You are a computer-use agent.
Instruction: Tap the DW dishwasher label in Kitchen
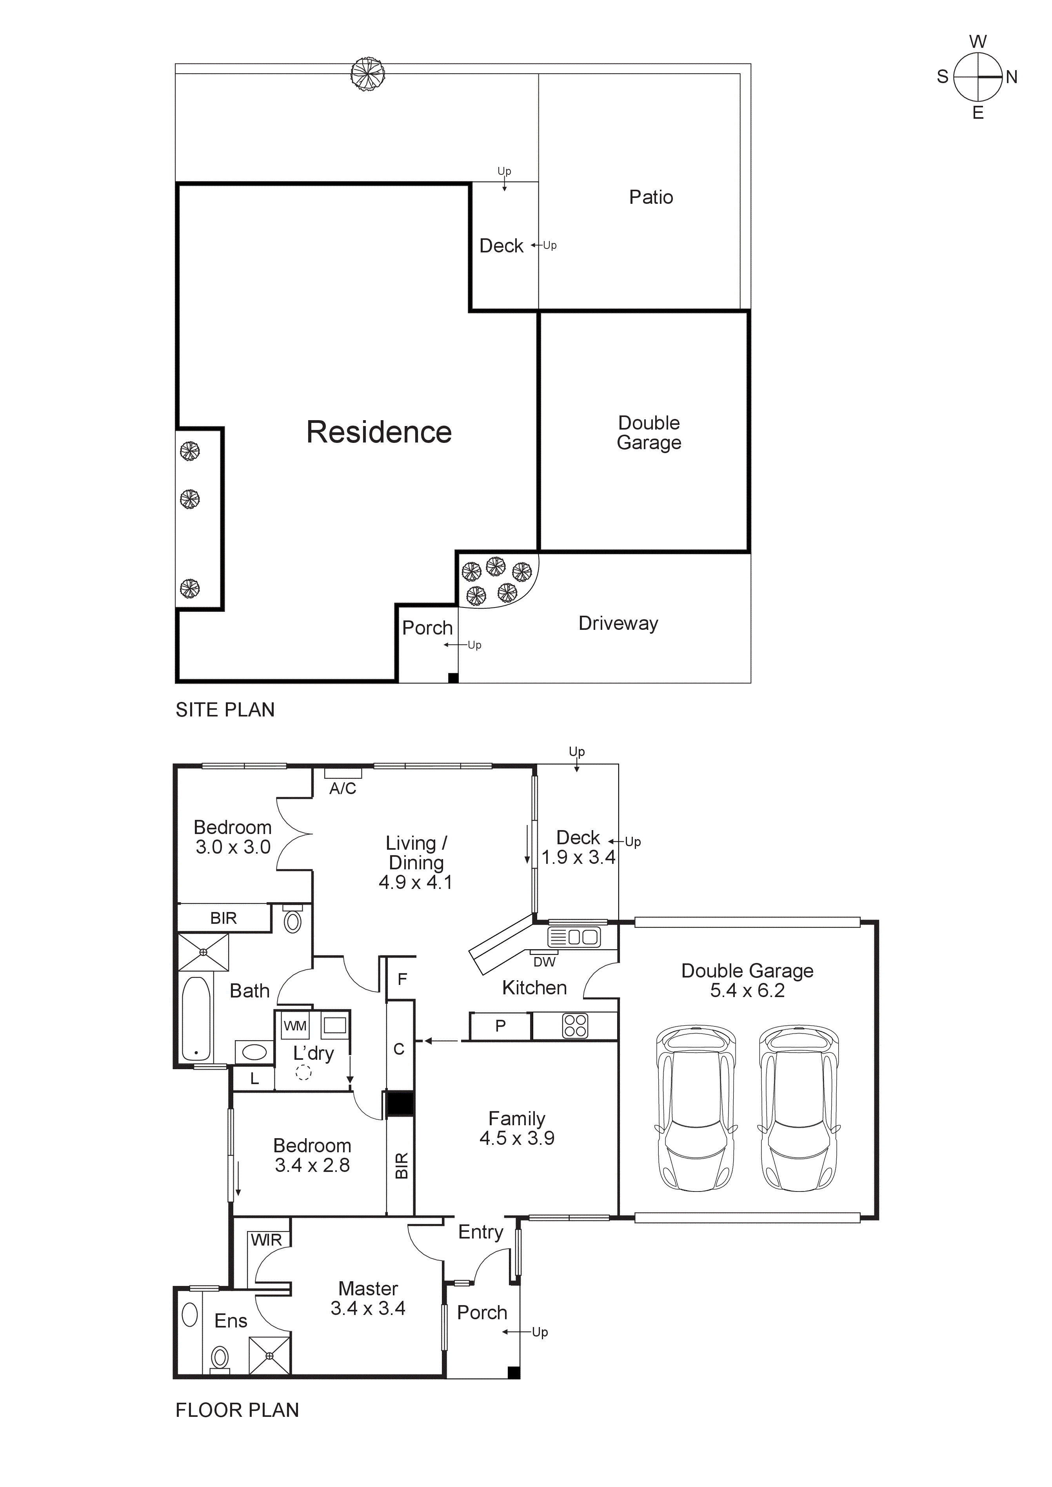(544, 963)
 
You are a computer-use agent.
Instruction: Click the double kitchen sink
(574, 937)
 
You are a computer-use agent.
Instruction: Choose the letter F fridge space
(402, 979)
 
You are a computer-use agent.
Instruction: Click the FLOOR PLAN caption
(237, 1409)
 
